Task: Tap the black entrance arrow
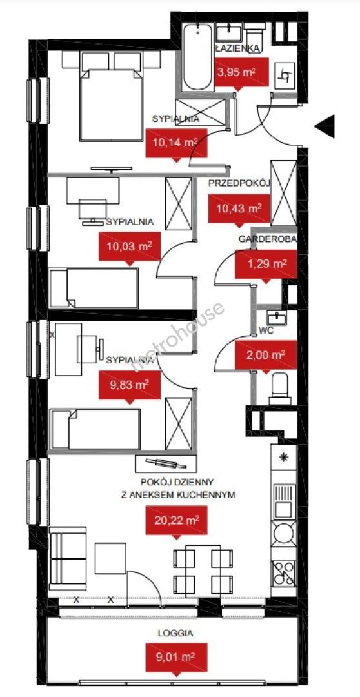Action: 325,126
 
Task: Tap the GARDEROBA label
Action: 267,239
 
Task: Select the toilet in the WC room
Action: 280,389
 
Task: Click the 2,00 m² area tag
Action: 266,356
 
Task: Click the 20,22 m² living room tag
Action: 177,521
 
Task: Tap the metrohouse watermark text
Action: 178,336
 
